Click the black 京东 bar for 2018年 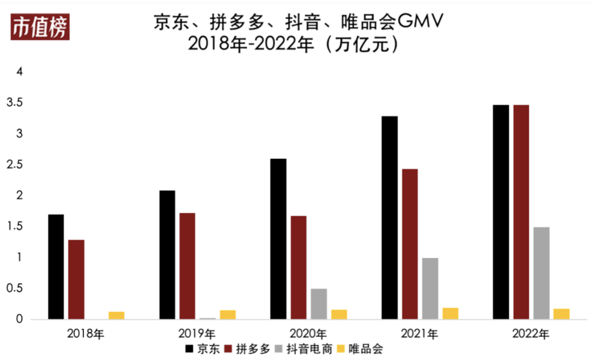tap(56, 267)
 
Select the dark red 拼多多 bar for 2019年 tap(187, 266)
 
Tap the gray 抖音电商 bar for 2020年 tap(319, 304)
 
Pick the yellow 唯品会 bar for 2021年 tap(450, 313)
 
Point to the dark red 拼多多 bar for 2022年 tap(521, 212)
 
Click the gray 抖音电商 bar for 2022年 tap(541, 273)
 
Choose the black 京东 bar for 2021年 tap(390, 217)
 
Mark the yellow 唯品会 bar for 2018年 tap(117, 315)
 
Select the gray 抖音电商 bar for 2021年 tap(430, 288)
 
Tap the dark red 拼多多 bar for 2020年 tap(299, 268)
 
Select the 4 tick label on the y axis tap(19, 72)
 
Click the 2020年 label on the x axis tap(308, 334)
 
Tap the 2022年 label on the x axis tap(531, 334)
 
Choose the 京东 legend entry tap(202, 349)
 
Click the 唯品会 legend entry tap(360, 349)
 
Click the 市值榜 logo tap(40, 28)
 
